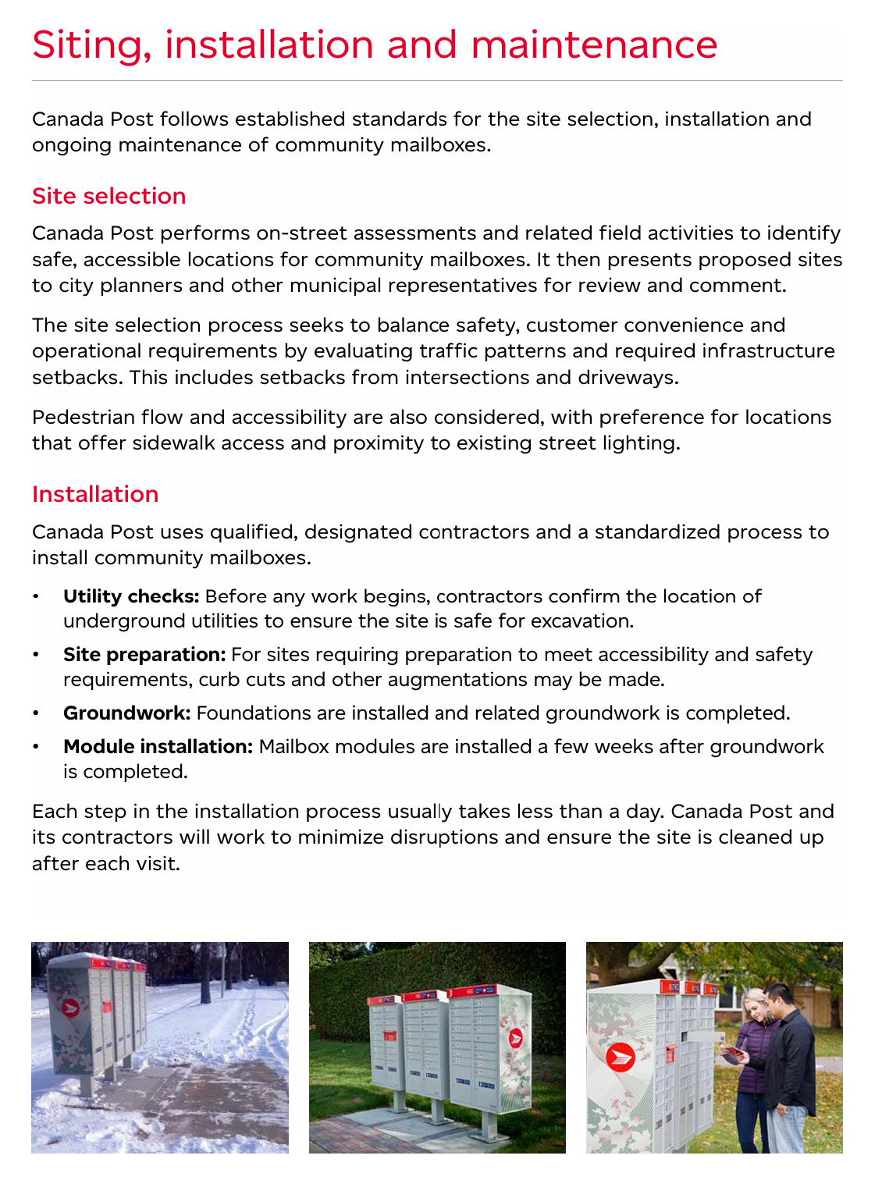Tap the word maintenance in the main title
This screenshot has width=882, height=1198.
coord(594,45)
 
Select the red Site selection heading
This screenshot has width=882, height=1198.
coord(108,196)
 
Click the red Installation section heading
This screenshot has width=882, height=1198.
coord(95,494)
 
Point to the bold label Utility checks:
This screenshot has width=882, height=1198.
coord(131,596)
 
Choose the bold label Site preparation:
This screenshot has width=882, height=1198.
coord(144,654)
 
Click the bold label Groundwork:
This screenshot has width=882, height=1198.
coord(126,713)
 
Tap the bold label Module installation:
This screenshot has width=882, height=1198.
coord(158,747)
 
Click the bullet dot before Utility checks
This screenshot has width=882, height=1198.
coord(35,597)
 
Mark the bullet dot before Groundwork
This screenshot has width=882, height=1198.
coord(35,714)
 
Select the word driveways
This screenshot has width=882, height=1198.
coord(630,378)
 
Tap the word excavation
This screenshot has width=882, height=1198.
coord(581,621)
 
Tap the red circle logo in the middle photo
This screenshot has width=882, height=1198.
coord(515,1038)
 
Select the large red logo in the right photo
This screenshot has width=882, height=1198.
coord(621,1058)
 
